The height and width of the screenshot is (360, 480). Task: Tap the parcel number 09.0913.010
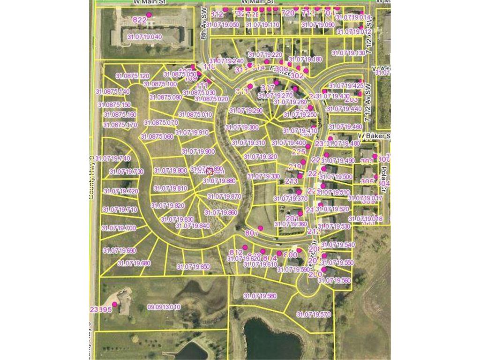[164, 307]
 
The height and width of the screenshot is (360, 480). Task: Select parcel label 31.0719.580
[260, 296]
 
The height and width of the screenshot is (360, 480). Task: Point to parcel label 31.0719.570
[314, 315]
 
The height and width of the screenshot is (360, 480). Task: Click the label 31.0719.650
[193, 267]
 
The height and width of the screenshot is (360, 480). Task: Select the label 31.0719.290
[246, 111]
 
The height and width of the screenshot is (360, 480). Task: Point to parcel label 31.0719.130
[348, 53]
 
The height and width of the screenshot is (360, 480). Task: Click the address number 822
[140, 20]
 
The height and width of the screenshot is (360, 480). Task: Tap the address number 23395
[100, 309]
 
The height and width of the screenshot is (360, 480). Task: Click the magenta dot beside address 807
[261, 228]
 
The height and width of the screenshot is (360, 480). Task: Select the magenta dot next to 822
[150, 15]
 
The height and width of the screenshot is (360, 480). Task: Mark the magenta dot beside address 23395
[114, 304]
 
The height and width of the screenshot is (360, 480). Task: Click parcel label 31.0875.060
[157, 136]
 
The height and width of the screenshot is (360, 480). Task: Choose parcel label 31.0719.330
[263, 176]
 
